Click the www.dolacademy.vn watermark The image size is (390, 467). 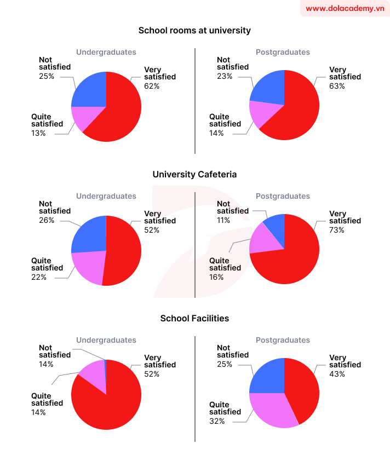(x=345, y=8)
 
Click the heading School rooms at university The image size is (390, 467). (x=194, y=31)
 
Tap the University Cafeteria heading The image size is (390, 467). (x=194, y=174)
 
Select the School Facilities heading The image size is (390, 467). (x=194, y=318)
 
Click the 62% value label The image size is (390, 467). (x=152, y=86)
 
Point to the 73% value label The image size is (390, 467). (x=337, y=230)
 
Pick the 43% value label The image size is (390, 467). (x=337, y=374)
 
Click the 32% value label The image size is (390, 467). (x=217, y=421)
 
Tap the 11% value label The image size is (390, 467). (x=223, y=220)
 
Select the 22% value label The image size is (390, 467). (x=39, y=277)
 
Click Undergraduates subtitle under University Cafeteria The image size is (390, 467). (x=106, y=196)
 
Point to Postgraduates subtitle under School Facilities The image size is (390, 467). (x=283, y=340)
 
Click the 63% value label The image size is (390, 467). (x=337, y=86)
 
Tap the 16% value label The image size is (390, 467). (x=217, y=277)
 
